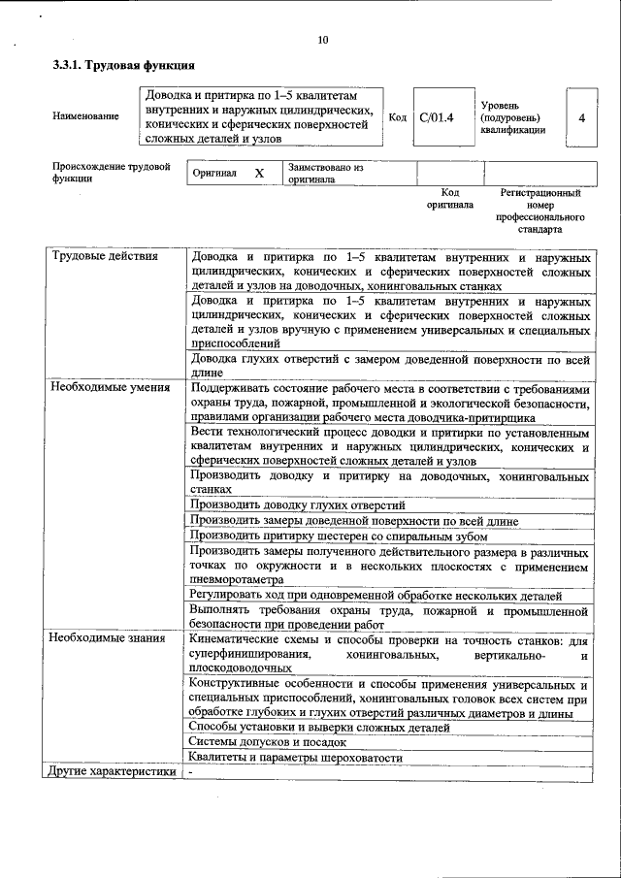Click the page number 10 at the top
pos(323,40)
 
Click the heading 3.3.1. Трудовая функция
pos(123,67)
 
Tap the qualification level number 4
pos(580,117)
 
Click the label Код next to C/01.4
pos(397,117)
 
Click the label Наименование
pos(86,117)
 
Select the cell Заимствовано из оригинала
pos(325,173)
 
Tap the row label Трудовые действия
pos(96,257)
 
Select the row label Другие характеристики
pos(112,772)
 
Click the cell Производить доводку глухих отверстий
pos(297,505)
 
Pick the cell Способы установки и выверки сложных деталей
pos(320,727)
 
